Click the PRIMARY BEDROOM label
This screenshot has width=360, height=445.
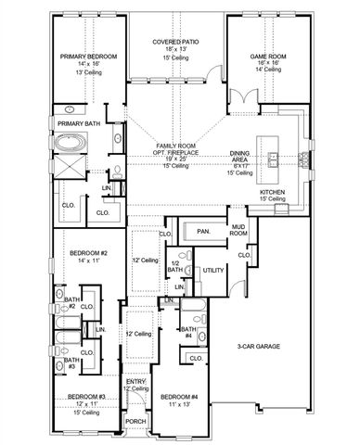point(89,57)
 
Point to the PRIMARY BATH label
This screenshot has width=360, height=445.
point(79,122)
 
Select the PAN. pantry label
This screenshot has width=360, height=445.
point(203,230)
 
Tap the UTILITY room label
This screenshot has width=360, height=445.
point(213,270)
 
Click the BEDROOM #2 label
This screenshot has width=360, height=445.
point(85,252)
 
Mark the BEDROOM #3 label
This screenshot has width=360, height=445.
point(86,397)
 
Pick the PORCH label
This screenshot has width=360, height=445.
point(135,420)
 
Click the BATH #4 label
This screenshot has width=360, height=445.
point(186,332)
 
